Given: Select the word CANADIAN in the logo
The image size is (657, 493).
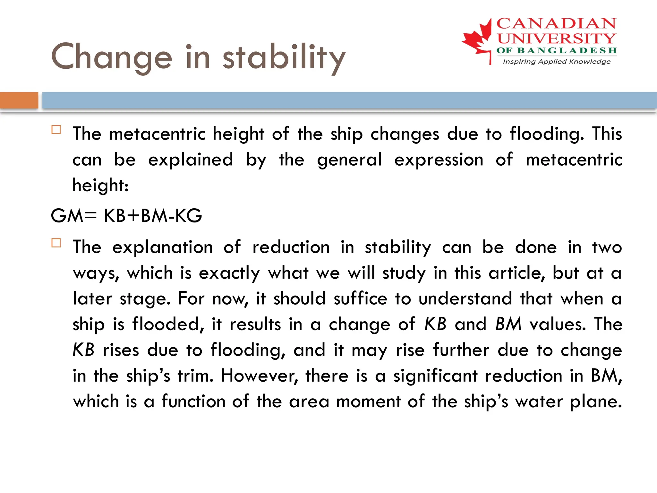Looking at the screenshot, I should (556, 24).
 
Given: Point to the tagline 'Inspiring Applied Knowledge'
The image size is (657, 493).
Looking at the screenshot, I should (557, 61).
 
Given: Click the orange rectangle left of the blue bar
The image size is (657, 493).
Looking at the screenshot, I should (19, 100).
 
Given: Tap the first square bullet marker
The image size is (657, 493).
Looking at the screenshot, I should (56, 130).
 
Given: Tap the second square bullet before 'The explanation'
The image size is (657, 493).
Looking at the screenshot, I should (56, 243).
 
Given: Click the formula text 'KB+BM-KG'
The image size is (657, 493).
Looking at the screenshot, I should (153, 216).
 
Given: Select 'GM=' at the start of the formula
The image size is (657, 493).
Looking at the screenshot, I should (73, 216).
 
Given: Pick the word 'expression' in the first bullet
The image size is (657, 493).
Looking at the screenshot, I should (439, 160).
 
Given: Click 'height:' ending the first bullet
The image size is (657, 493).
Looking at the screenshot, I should (100, 186).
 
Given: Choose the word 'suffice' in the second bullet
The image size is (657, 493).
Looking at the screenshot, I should (360, 299).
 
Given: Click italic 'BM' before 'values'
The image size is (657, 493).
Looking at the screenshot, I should (508, 324).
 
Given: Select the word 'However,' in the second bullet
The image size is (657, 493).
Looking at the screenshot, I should (260, 376).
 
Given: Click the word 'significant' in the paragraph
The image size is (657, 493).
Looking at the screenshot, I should (435, 376).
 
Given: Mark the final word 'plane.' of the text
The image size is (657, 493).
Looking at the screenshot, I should (596, 402).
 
